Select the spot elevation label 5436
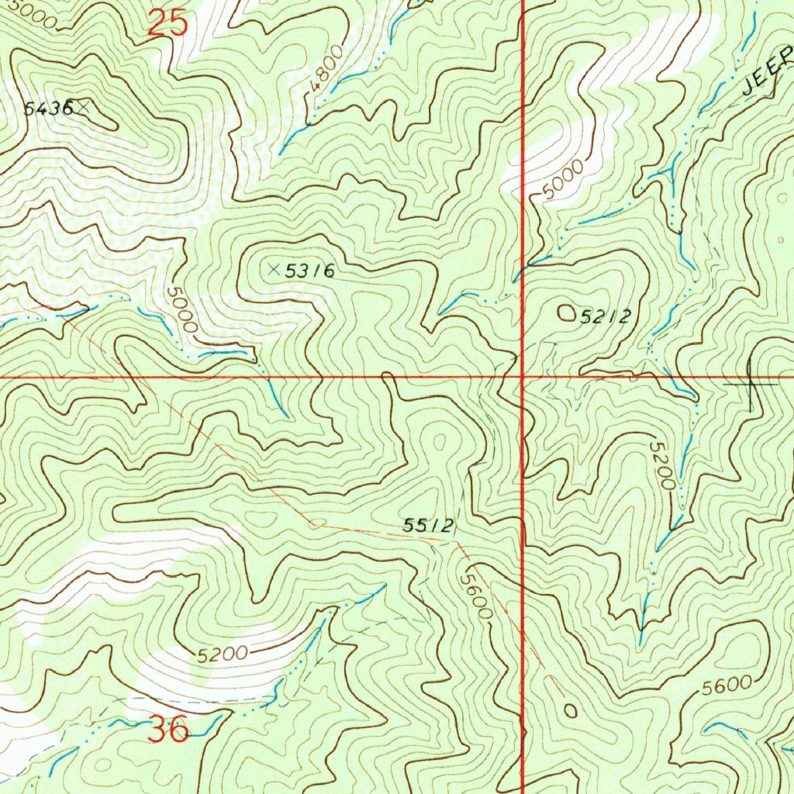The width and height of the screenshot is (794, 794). click(x=48, y=109)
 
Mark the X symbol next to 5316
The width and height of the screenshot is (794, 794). click(x=273, y=269)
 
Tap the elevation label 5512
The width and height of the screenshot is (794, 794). click(x=428, y=526)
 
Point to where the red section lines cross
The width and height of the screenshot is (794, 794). click(x=523, y=378)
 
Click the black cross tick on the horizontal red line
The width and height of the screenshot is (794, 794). click(x=751, y=383)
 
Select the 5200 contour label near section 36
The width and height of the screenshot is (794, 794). click(x=222, y=654)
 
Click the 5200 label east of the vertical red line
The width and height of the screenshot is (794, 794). click(x=664, y=464)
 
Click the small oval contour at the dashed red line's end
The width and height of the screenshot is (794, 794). click(x=571, y=709)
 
